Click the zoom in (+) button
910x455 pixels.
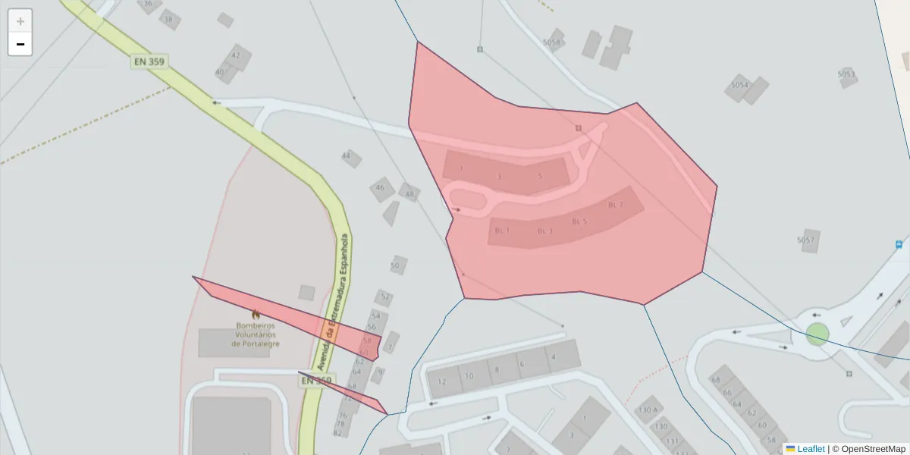[20, 21]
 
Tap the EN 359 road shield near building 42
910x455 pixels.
[148, 61]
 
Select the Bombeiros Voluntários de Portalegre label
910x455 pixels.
[256, 334]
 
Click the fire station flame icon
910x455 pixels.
[256, 314]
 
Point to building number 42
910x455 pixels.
[236, 55]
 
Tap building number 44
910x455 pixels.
[347, 155]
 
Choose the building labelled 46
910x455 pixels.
[380, 187]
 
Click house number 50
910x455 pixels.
[395, 265]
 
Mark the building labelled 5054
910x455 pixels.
[739, 85]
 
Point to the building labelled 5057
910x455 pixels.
[805, 240]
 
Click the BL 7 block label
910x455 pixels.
[616, 205]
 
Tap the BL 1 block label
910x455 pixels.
[502, 230]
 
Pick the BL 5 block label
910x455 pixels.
[579, 221]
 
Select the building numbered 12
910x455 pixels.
[441, 381]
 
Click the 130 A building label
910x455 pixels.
[648, 410]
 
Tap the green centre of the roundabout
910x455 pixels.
[817, 334]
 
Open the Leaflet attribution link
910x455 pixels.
[811, 449]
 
